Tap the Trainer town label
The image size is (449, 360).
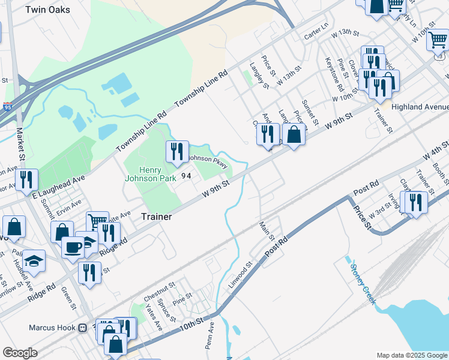tap(157, 217)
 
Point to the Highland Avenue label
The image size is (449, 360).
tap(419, 106)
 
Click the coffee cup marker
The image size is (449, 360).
tap(73, 247)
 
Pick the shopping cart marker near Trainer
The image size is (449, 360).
tap(96, 221)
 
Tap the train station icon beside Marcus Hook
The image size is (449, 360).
tap(83, 328)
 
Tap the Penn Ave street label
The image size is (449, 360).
tap(209, 338)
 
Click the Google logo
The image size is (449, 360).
tap(20, 353)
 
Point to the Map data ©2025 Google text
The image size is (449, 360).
tap(411, 355)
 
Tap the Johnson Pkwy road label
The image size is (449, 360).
tap(208, 160)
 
